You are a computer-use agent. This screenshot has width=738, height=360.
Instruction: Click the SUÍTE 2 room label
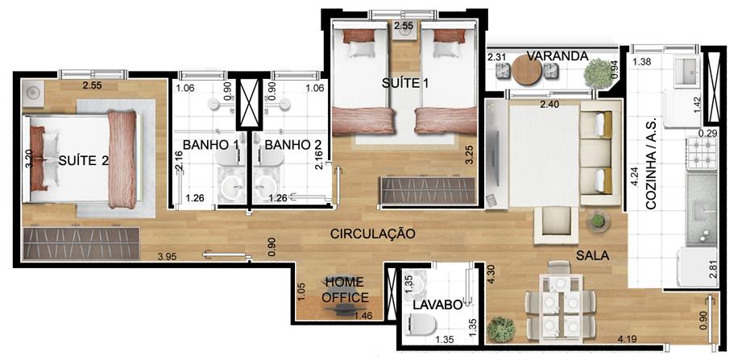point(84,161)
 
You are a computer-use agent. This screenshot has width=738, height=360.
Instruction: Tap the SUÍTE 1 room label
point(405,83)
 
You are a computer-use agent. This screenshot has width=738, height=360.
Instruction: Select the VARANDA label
point(558,56)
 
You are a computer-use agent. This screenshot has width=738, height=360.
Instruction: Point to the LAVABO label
point(437,305)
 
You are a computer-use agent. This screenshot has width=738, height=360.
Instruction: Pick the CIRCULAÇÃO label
point(373,234)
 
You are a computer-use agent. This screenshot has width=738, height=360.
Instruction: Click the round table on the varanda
point(527,70)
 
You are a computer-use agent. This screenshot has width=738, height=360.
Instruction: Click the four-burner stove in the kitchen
point(701,153)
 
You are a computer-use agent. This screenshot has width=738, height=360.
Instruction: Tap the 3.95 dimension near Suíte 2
point(168,257)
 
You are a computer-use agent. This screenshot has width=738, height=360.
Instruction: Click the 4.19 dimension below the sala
point(628,338)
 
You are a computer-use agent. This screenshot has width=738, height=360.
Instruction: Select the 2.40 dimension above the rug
point(549,105)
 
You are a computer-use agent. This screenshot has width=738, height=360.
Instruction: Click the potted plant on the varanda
point(595,72)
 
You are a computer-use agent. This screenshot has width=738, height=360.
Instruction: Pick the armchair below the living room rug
point(556,225)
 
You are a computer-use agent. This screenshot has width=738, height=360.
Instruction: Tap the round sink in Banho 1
point(233,188)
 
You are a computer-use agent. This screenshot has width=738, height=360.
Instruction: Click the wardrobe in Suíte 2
point(81,243)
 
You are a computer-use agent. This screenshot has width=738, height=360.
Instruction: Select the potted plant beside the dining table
point(501,329)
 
